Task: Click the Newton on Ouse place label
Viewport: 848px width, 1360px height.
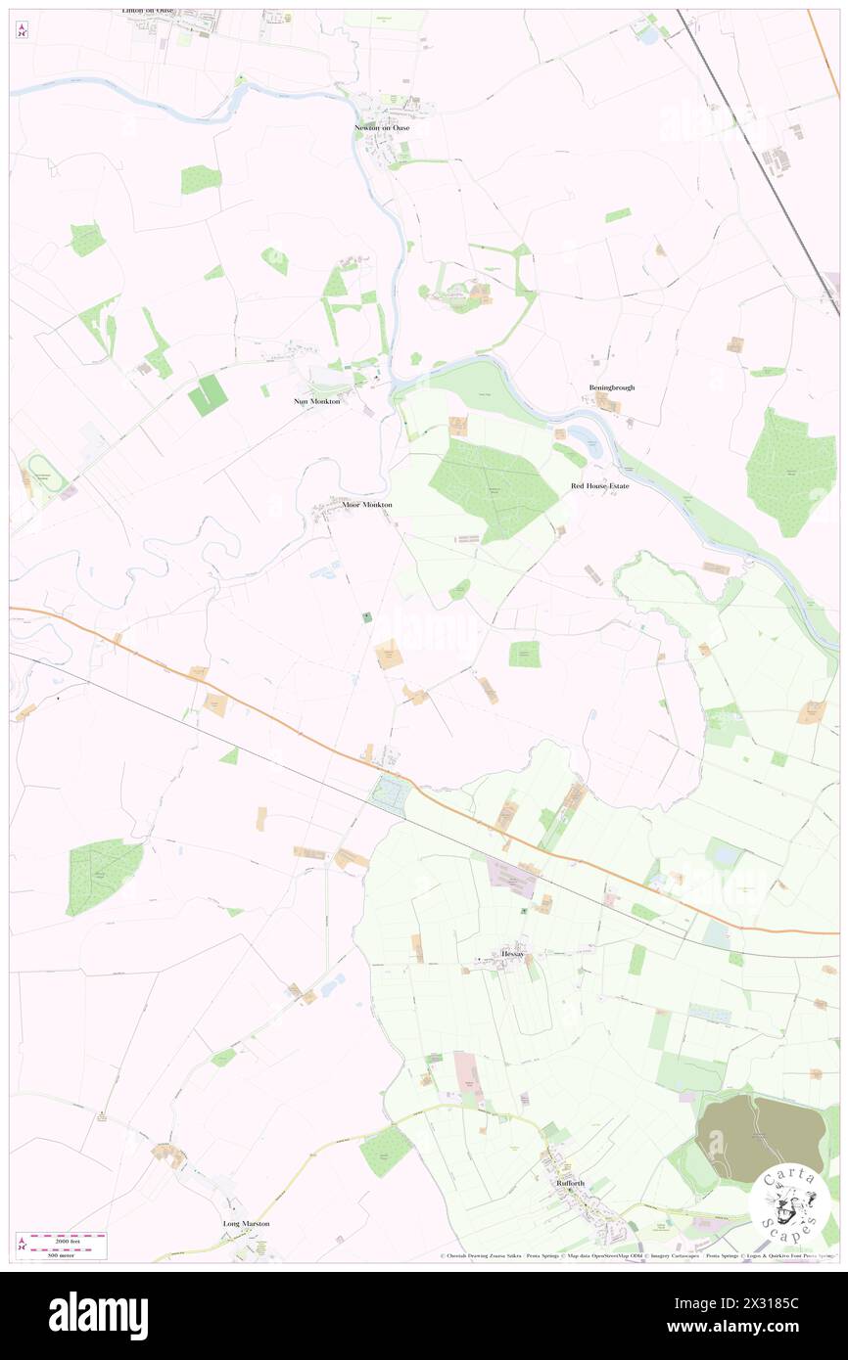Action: [x=389, y=128]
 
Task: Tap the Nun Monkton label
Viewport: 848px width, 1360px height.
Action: [x=316, y=401]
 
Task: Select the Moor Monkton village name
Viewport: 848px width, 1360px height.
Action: [x=367, y=505]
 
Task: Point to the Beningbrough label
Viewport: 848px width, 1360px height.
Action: [x=612, y=387]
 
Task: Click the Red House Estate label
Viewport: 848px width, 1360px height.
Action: [x=600, y=485]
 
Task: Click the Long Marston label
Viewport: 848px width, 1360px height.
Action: [x=246, y=1223]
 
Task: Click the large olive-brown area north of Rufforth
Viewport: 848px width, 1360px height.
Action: [x=760, y=1136]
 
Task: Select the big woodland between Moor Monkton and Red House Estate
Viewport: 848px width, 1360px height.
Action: [x=492, y=486]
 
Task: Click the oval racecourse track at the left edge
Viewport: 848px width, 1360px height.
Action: [x=43, y=476]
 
